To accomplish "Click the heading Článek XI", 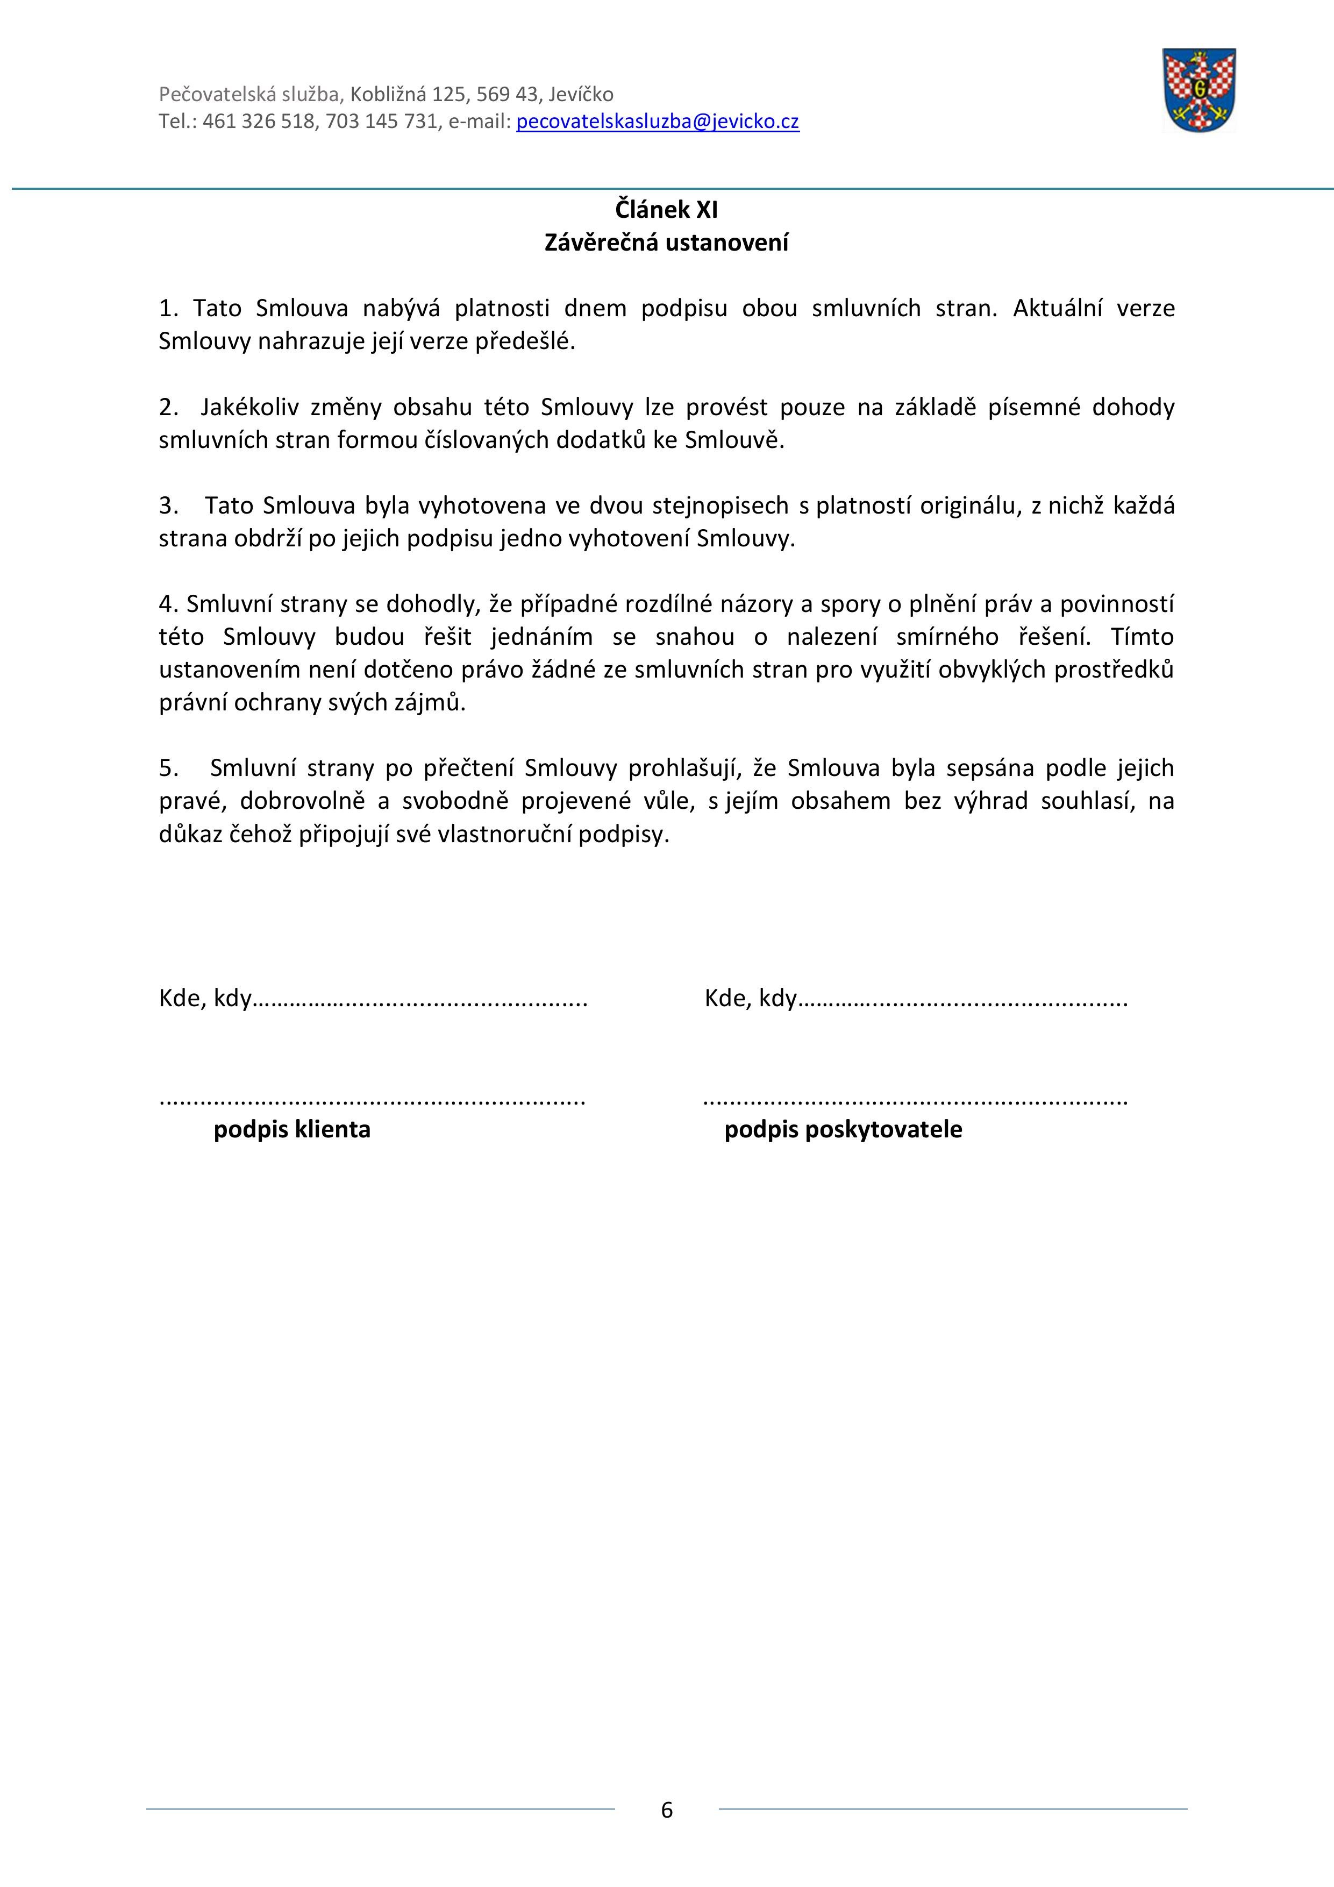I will coord(667,210).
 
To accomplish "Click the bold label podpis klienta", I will coord(292,1130).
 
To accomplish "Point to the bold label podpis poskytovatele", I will coord(843,1130).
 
